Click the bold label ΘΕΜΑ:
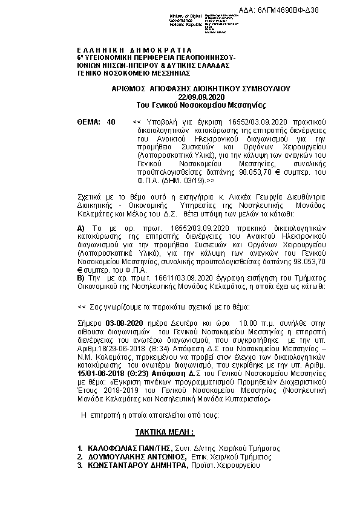pos(88,122)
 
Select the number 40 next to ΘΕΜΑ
pos(110,122)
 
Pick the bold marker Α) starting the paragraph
pos(83,227)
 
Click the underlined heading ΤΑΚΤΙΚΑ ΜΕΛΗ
pos(165,433)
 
